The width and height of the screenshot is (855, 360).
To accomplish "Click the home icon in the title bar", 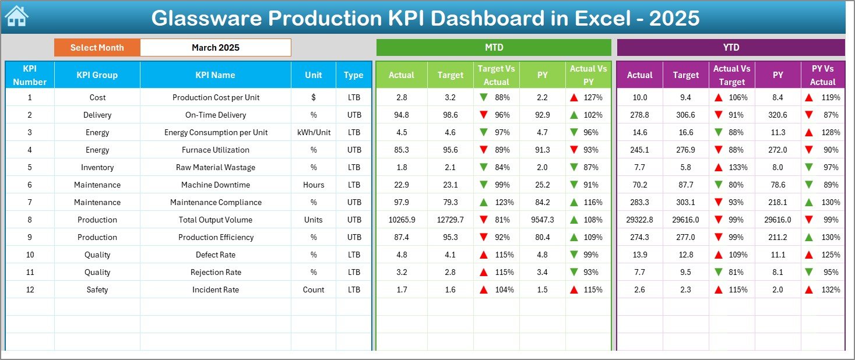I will (x=16, y=17).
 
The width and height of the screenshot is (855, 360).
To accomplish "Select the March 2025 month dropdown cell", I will (x=215, y=48).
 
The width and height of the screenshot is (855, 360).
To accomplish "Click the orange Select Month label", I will (x=97, y=48).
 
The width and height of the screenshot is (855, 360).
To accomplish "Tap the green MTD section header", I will (x=494, y=47).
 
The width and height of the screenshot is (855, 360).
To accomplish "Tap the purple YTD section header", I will (x=730, y=47).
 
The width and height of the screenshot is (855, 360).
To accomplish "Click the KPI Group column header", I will (x=97, y=75).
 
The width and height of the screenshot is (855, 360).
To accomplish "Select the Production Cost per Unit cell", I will (x=216, y=97).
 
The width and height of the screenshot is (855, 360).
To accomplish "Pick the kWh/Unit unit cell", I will (x=314, y=132).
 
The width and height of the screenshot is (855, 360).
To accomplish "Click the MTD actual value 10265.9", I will (x=401, y=220).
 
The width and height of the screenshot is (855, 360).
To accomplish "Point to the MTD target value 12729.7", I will (x=450, y=220).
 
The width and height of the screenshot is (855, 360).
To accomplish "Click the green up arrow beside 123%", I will (x=484, y=202).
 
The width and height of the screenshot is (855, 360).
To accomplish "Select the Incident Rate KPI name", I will (x=216, y=290).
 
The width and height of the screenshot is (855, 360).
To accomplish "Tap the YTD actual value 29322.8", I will (x=639, y=220).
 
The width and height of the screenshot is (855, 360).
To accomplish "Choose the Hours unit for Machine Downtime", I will (x=314, y=185).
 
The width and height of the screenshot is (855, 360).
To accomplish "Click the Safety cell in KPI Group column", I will (x=97, y=290).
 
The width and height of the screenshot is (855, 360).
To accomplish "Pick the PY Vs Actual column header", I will (x=822, y=75).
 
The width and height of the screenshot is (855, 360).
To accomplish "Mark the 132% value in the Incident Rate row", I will (x=829, y=290).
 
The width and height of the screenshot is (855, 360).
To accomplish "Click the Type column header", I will (x=353, y=75).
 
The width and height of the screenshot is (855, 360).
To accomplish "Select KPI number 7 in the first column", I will (x=30, y=202).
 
